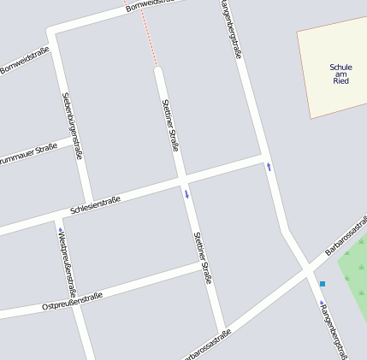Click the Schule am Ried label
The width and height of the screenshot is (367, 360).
pos(340,74)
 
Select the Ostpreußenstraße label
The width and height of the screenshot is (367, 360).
pos(72,301)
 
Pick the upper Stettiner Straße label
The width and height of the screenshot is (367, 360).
pos(170,125)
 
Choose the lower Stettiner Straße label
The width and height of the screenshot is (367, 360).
pos(202,257)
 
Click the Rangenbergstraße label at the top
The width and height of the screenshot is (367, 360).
pos(231,30)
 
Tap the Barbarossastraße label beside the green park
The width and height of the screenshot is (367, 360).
pos(345,242)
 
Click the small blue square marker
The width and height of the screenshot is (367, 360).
pos(323,284)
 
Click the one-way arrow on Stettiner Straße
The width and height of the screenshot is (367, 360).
pos(186,194)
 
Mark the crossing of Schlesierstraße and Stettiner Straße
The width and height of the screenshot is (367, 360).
pos(182,179)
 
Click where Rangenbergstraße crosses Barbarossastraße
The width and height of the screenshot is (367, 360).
pos(306,269)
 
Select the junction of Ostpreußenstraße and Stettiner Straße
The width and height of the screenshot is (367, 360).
pos(206,266)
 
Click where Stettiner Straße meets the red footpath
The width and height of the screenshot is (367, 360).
pos(158,68)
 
